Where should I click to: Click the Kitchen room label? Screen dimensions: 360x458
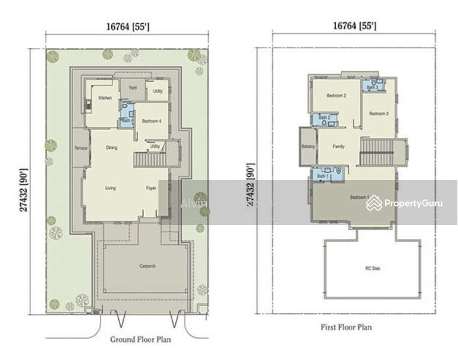[105, 97]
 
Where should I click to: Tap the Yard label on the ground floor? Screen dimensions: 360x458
[133, 88]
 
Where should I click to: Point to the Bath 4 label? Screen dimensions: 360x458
[127, 120]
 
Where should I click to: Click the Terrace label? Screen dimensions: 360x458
[81, 148]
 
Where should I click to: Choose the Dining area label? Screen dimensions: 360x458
[112, 148]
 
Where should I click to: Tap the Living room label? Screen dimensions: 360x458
[110, 188]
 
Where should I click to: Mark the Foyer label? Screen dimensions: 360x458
[151, 188]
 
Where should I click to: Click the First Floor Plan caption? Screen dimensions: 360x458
[347, 327]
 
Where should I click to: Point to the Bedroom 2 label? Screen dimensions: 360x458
[336, 96]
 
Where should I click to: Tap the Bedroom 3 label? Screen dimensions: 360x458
[379, 114]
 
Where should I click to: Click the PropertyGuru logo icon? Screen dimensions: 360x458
[374, 203]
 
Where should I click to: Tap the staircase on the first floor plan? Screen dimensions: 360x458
[376, 151]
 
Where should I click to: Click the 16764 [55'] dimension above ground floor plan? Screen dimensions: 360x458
[127, 26]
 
